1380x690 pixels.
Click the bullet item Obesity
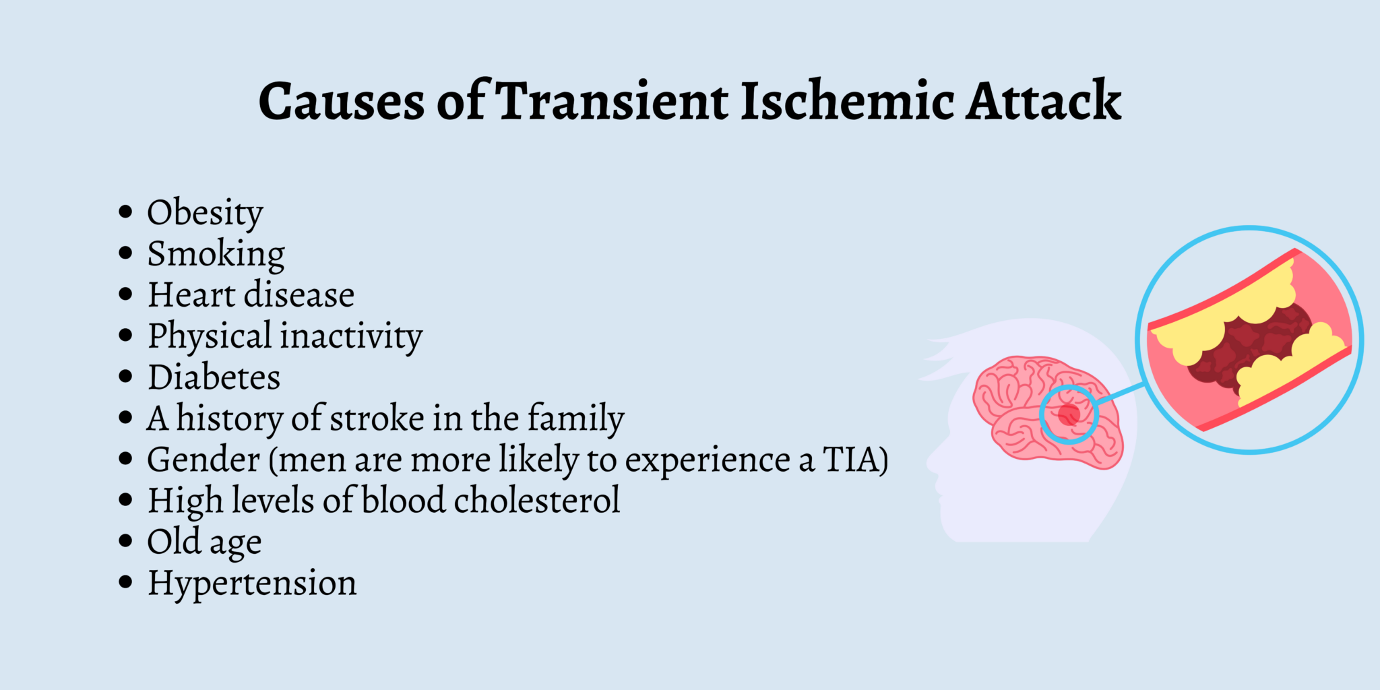click(x=205, y=213)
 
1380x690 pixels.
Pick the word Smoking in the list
click(x=216, y=255)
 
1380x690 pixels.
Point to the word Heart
click(x=191, y=295)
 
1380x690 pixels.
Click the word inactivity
click(x=352, y=336)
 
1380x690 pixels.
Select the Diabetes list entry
click(x=214, y=377)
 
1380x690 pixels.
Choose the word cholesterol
click(x=536, y=501)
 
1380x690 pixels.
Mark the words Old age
click(x=204, y=542)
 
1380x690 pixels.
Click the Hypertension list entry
click(x=252, y=584)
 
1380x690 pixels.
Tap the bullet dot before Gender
click(x=125, y=460)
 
